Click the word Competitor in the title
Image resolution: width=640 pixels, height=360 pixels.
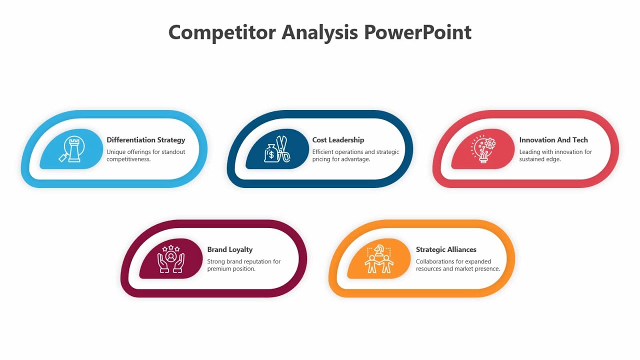point(221,32)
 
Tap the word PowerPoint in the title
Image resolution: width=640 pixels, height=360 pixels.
point(417,32)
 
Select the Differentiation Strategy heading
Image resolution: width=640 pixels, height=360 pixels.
point(145,140)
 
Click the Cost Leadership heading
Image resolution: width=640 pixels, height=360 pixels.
point(338,140)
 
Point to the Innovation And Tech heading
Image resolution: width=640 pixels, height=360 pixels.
point(553,140)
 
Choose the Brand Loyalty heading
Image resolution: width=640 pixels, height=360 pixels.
point(230,249)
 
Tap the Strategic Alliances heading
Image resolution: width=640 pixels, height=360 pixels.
point(446,249)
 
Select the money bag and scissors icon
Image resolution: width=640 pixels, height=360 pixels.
point(277,149)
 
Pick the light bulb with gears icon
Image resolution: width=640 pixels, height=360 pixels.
point(483,149)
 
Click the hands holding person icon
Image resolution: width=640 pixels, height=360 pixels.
point(171,258)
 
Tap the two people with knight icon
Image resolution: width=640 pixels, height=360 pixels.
point(378,259)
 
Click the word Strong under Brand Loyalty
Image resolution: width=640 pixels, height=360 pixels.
point(216,261)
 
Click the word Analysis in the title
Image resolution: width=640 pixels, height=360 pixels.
point(319,32)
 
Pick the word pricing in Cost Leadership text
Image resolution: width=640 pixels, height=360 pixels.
point(322,159)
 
